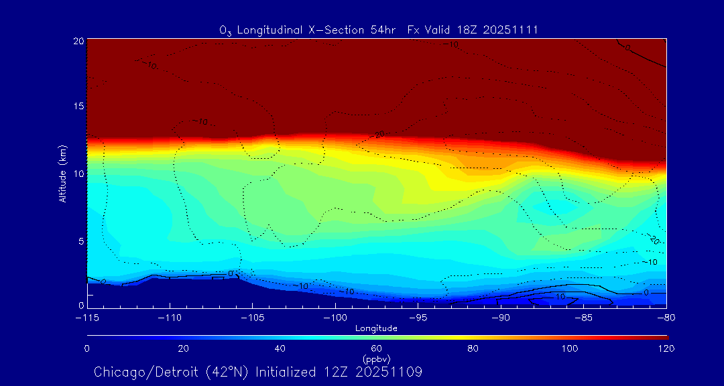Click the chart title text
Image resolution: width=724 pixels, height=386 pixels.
379,30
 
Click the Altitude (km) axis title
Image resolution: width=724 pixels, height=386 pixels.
62,174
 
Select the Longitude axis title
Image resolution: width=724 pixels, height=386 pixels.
376,328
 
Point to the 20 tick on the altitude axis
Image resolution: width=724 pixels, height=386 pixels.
78,41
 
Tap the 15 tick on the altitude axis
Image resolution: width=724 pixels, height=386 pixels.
78,107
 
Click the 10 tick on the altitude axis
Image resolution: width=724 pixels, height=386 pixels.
78,174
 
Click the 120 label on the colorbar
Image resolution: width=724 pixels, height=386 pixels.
666,348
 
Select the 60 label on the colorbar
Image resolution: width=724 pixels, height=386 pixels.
377,348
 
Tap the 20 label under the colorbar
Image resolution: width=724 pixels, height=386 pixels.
183,348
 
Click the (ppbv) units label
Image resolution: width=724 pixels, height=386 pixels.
376,359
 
